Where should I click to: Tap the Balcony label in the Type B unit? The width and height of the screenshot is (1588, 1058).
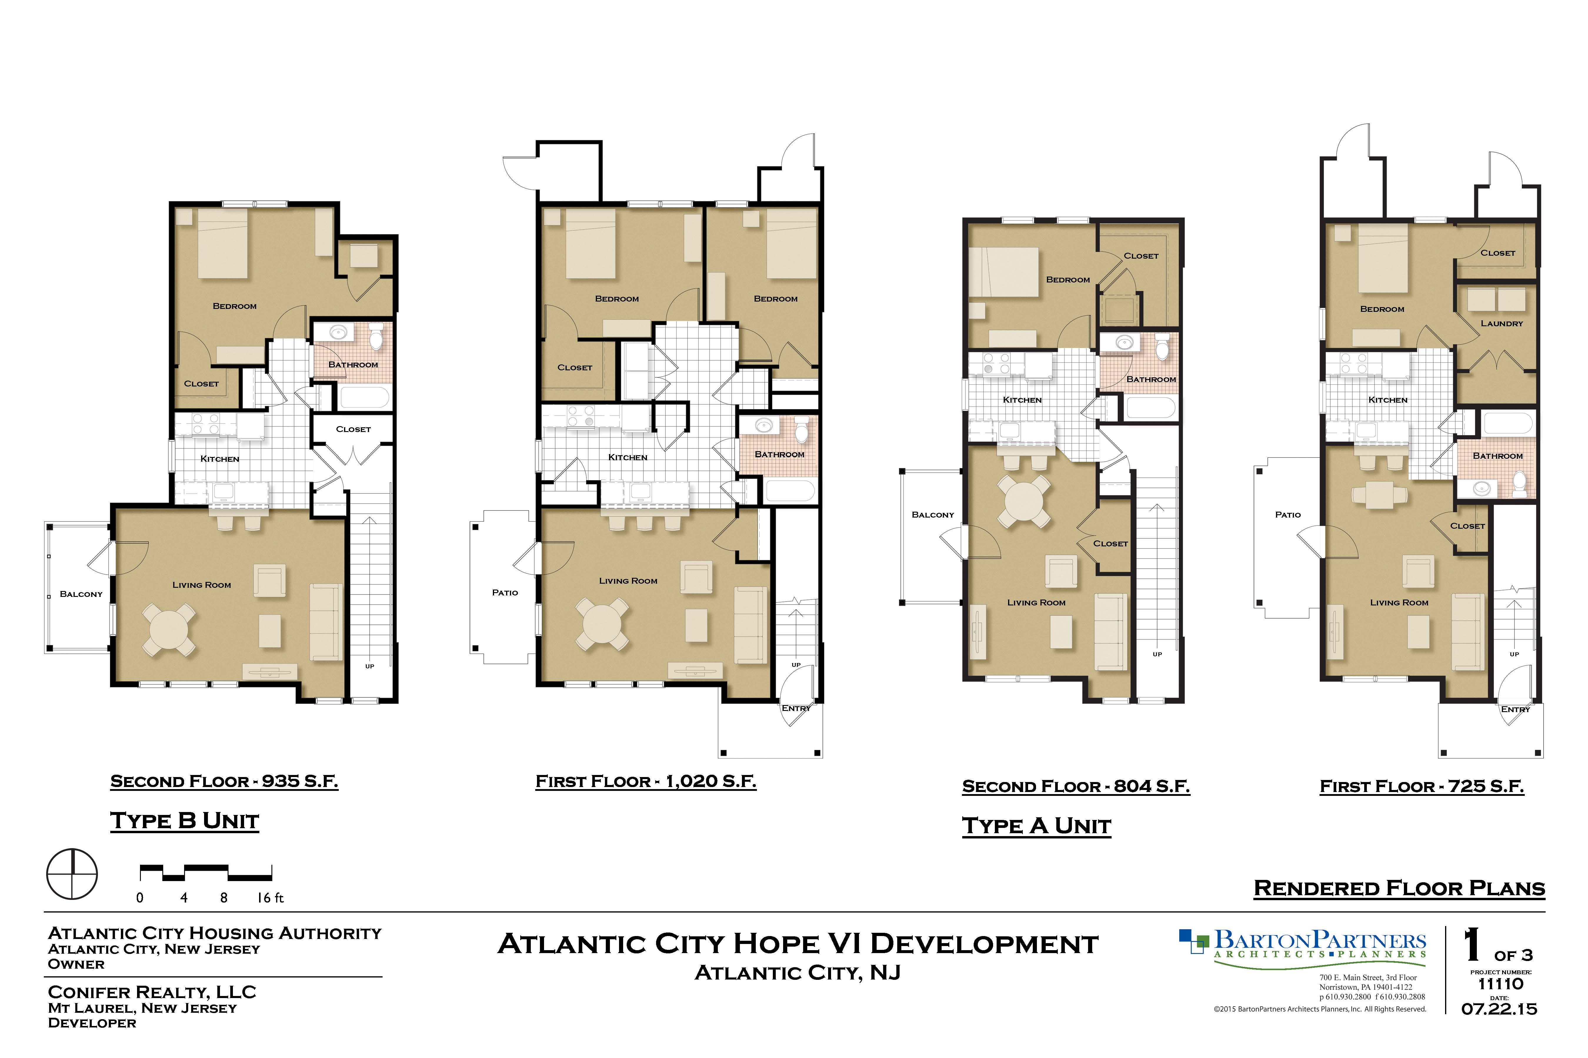[x=81, y=594]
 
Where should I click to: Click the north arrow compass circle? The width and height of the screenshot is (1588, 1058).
[x=71, y=874]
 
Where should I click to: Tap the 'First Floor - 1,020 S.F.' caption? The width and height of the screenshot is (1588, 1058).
[x=646, y=781]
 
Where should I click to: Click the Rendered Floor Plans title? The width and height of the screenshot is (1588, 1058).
[x=1399, y=888]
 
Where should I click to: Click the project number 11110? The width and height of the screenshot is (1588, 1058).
[x=1501, y=984]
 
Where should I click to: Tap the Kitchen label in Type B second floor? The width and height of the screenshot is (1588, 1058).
[x=220, y=459]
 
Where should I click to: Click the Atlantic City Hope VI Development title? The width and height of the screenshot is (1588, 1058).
[x=798, y=943]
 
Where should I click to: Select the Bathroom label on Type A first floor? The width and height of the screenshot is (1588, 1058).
[x=1497, y=456]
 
